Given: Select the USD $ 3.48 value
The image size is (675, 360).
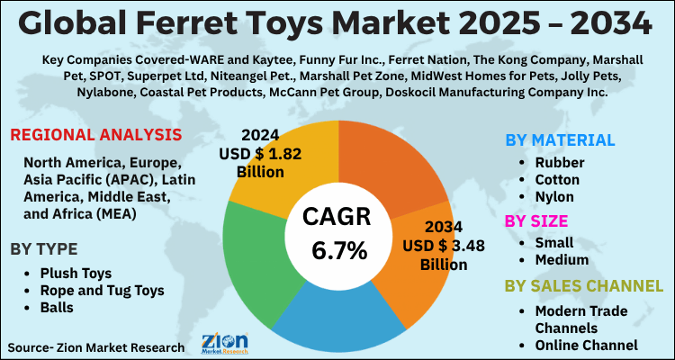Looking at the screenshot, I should (436, 247).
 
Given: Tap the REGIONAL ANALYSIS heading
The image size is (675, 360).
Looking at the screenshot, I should (95, 136).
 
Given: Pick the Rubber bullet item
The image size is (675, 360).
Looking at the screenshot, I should (560, 163).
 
